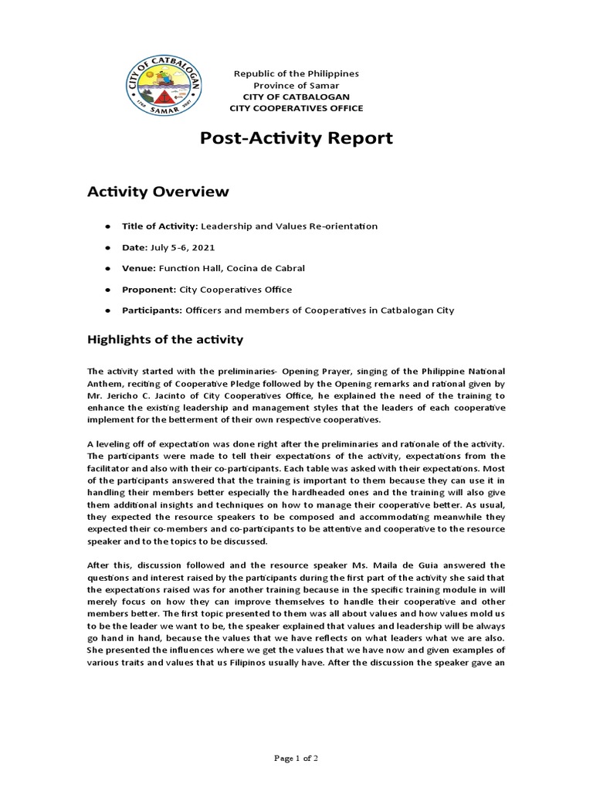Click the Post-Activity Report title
click(x=296, y=138)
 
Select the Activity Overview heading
click(x=158, y=191)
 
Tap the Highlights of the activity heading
click(x=165, y=339)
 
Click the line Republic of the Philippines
click(x=296, y=73)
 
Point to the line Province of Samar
click(x=296, y=85)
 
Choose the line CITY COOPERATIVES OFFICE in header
click(x=296, y=108)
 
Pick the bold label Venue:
click(x=139, y=268)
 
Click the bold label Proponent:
click(x=149, y=290)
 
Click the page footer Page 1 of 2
click(x=296, y=759)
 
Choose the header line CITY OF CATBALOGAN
click(x=296, y=97)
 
